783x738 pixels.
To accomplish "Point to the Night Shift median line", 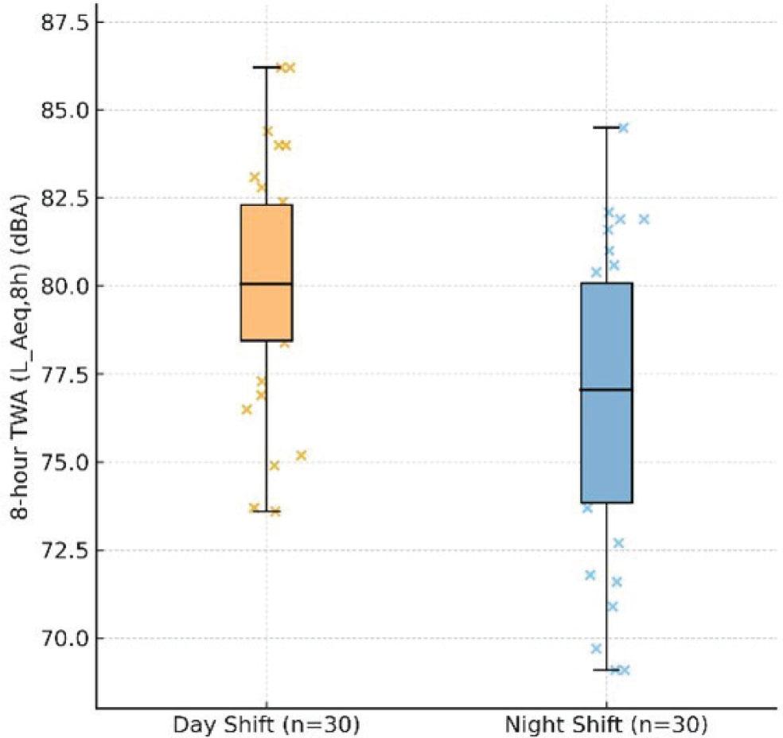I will [606, 390].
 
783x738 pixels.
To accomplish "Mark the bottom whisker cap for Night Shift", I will [606, 670].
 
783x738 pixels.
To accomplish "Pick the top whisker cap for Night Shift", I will [606, 127].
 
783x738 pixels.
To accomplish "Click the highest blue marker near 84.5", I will [623, 127].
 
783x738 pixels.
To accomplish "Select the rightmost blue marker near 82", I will [644, 219].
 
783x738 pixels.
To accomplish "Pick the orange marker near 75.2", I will [301, 456].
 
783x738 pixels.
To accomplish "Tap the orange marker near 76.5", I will [247, 410].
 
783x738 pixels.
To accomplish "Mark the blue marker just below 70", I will [596, 648].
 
